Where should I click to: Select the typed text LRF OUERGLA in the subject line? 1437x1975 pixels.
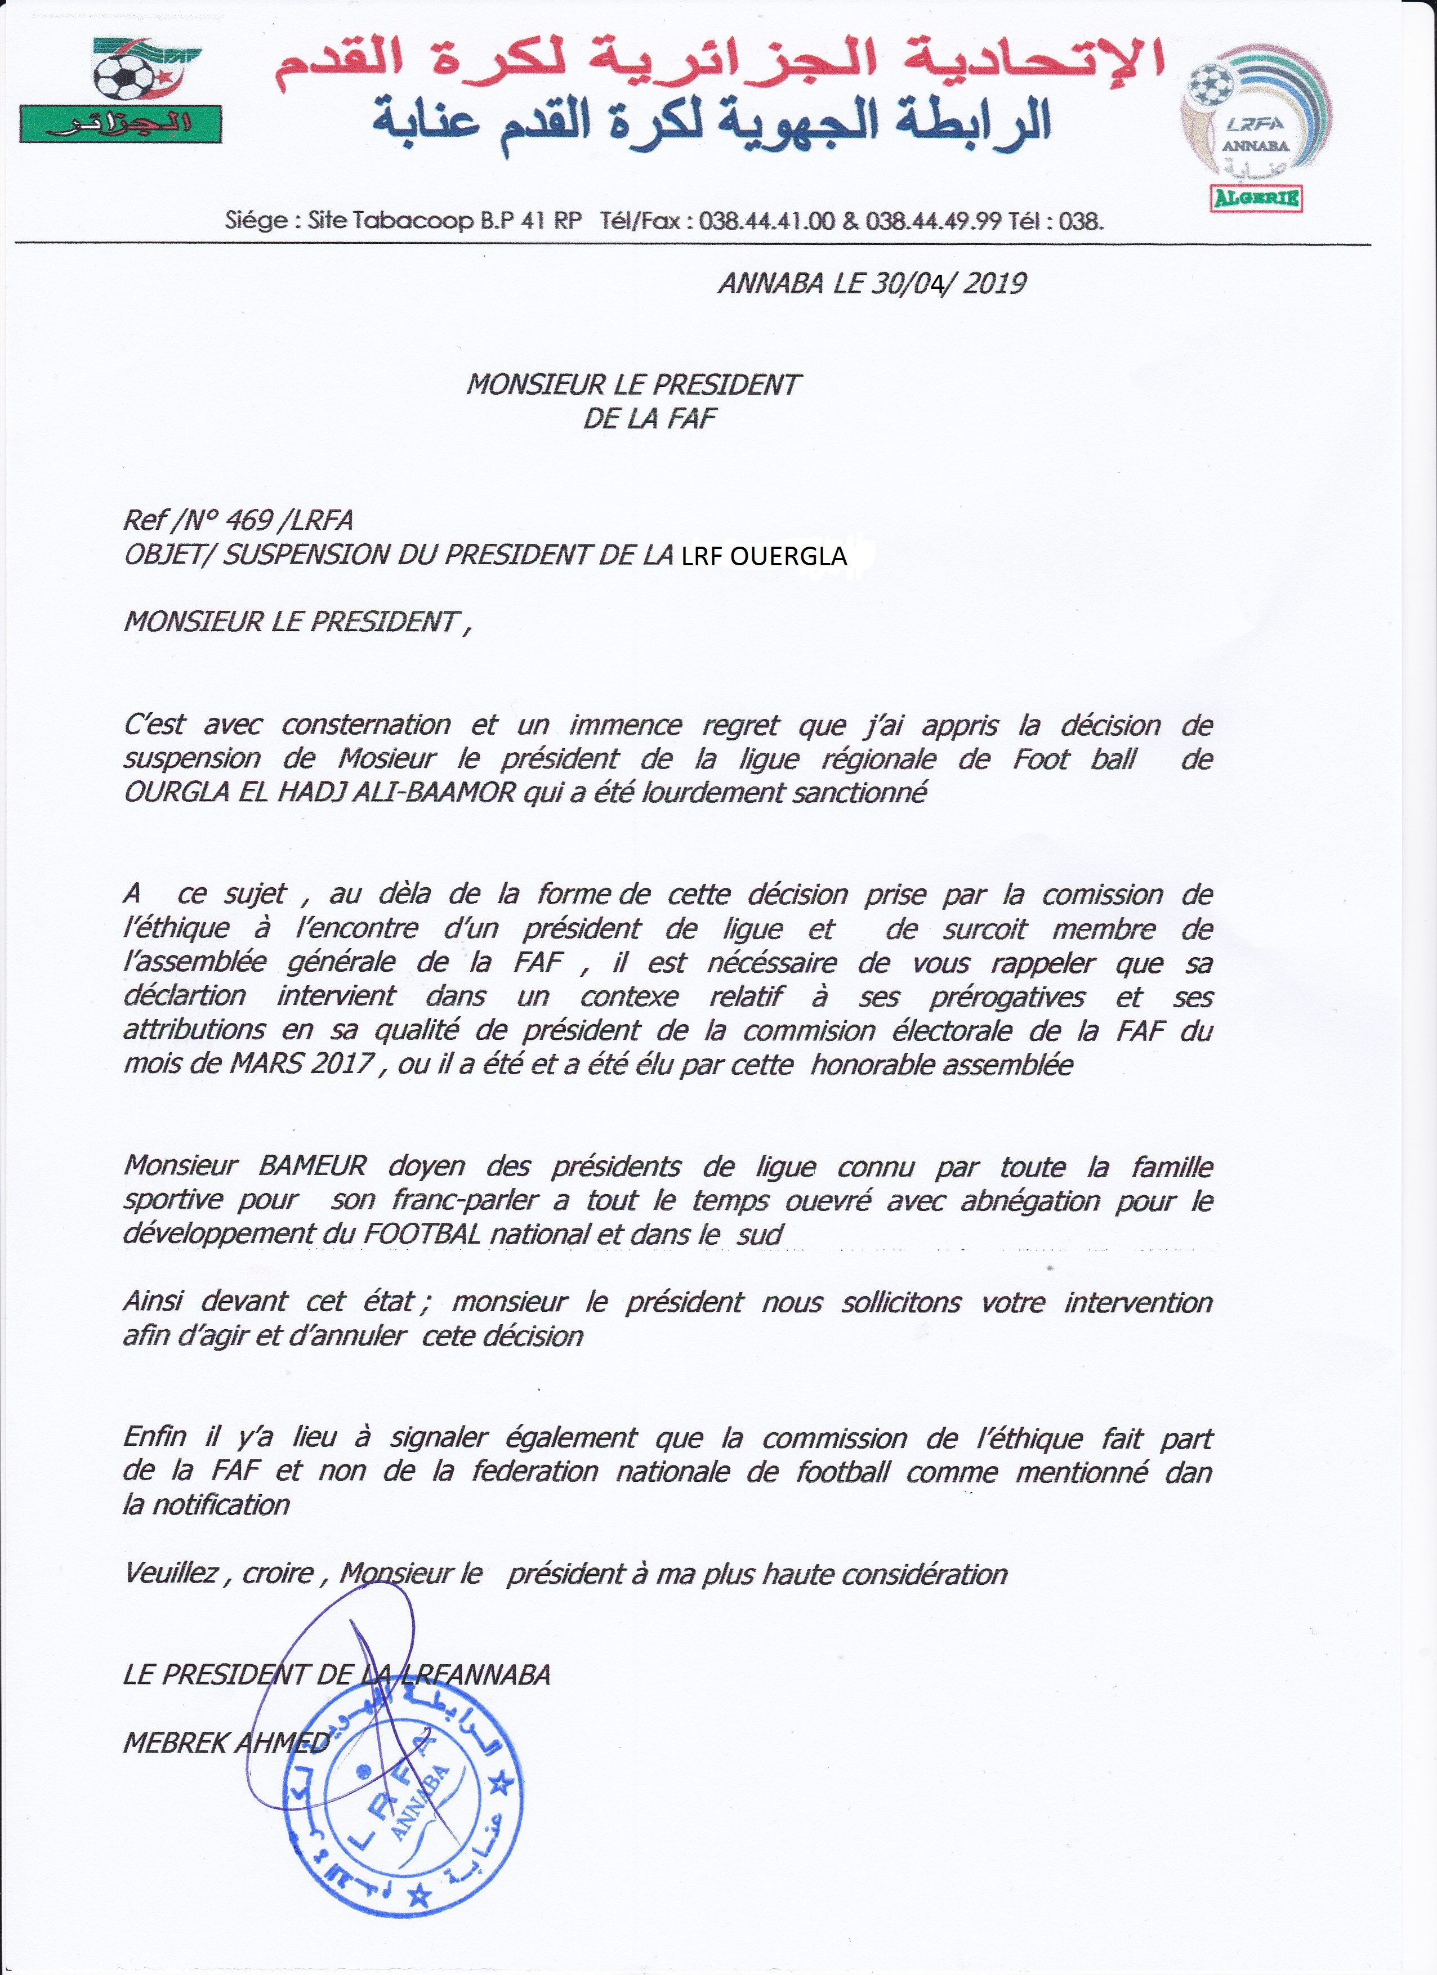[764, 556]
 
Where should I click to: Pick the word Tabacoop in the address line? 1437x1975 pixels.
[412, 220]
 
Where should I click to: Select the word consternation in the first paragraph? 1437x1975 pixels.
[366, 725]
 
